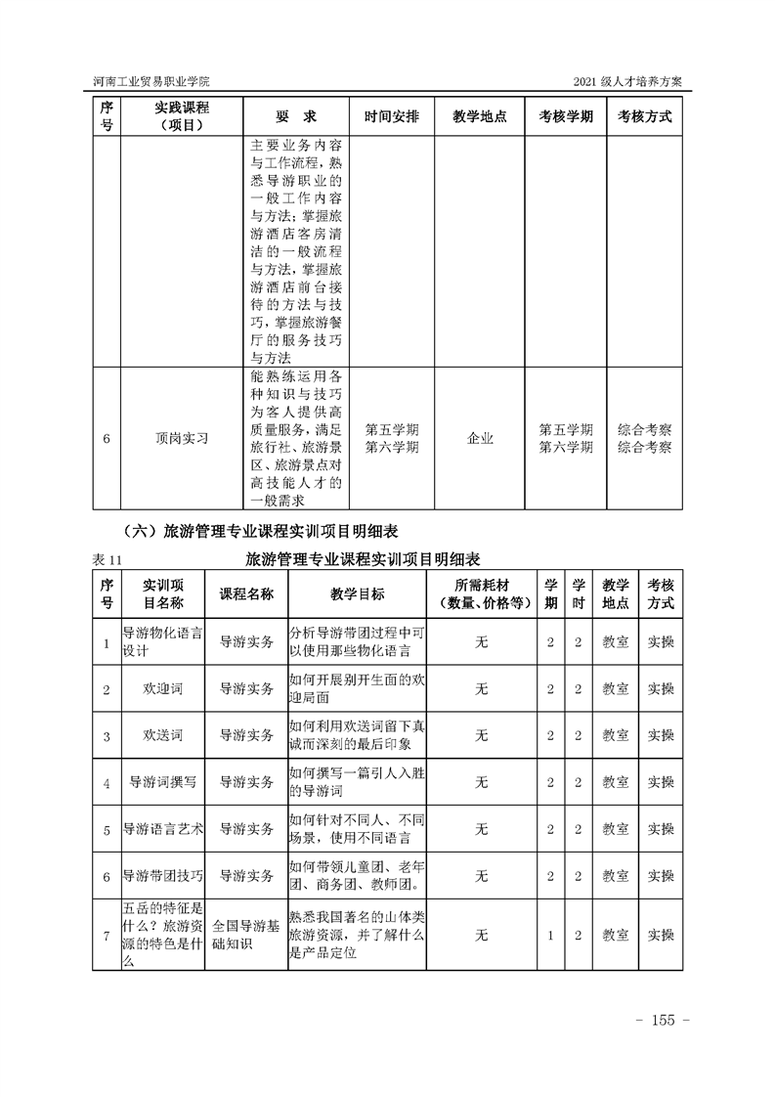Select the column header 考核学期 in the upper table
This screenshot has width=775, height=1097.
pos(566,116)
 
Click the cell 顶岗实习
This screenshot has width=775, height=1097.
pos(182,438)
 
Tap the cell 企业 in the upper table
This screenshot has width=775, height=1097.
pos(480,438)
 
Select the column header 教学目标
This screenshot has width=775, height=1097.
pos(358,594)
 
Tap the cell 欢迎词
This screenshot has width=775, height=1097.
pos(162,688)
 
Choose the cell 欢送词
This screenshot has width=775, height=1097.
pos(162,735)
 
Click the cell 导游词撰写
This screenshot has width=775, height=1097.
pos(162,782)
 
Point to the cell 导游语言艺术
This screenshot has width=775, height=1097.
pos(162,829)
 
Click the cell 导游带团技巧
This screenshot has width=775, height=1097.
pos(162,876)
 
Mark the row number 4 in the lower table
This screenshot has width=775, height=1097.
pos(106,782)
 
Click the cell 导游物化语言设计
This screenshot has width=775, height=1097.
pos(162,641)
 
